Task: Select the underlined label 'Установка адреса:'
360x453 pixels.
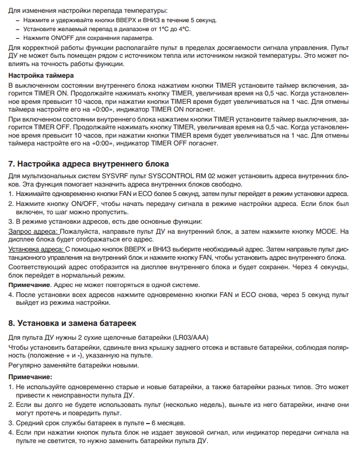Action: tap(36, 249)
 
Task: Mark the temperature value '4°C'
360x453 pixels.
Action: tap(182, 28)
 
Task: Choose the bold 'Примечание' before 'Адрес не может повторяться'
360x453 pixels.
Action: tap(29, 284)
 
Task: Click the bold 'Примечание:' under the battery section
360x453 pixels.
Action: tap(30, 376)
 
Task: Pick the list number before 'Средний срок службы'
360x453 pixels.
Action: tap(11, 422)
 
